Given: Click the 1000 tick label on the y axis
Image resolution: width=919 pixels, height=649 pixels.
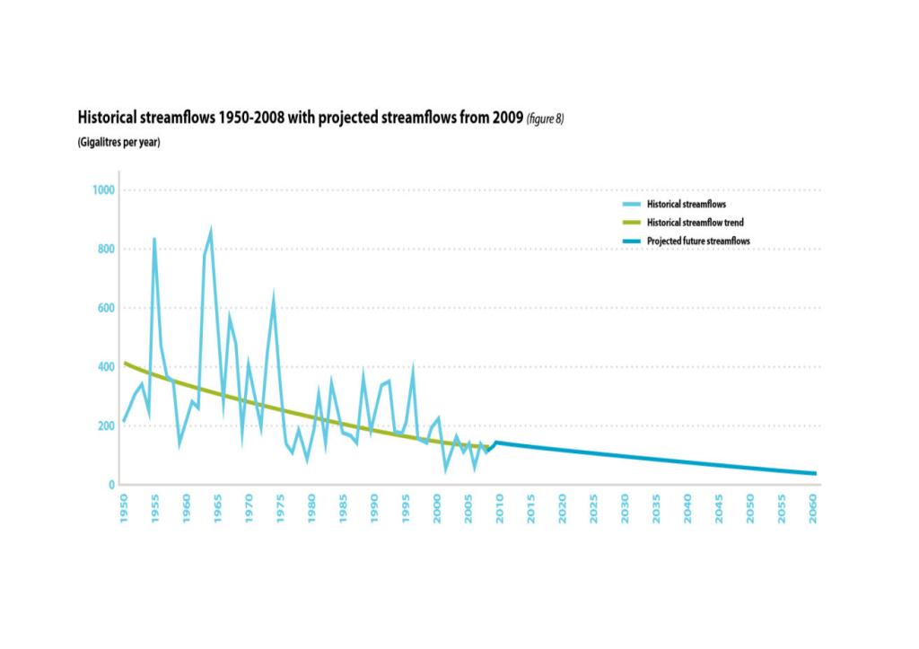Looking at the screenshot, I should click(x=105, y=190).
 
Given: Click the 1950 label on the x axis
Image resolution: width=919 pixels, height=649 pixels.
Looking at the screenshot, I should click(x=124, y=508).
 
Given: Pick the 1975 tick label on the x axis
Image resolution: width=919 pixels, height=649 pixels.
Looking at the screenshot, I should click(x=280, y=508).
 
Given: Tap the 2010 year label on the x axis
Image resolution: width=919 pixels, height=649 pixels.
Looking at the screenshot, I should click(x=500, y=508).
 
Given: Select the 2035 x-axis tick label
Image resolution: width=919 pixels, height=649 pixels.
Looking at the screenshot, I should click(x=657, y=508).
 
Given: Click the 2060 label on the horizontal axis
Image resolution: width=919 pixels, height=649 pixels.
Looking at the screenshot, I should click(x=814, y=508).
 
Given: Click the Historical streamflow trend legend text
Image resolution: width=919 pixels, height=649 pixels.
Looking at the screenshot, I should click(x=695, y=223).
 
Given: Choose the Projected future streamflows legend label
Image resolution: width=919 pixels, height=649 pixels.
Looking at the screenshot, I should click(x=698, y=241).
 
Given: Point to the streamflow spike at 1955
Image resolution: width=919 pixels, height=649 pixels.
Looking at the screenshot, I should click(x=154, y=239).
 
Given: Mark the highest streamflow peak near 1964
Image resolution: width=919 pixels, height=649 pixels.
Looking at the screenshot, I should click(x=211, y=230).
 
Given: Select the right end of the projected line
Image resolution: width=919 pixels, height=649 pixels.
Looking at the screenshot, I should click(x=815, y=473).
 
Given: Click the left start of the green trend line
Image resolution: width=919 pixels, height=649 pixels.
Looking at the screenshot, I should click(x=125, y=363).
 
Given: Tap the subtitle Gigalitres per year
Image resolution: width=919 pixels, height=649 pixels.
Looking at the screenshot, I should click(x=118, y=143).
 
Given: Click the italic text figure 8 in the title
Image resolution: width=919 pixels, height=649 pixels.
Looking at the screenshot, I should click(x=545, y=118).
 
